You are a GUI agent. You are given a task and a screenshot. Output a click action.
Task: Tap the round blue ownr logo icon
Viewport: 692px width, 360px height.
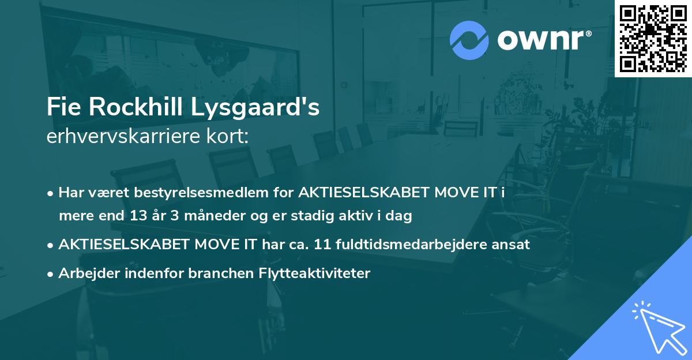[x=469, y=40]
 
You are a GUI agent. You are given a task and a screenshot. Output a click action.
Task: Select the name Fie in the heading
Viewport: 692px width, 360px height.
[x=62, y=108]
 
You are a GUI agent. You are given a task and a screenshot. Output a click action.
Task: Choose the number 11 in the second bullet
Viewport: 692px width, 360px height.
[x=323, y=245]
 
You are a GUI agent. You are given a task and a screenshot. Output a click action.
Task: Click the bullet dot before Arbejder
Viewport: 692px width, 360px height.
[x=51, y=274]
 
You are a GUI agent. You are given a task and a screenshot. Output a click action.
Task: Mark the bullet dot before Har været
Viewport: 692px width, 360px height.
[x=51, y=193]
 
